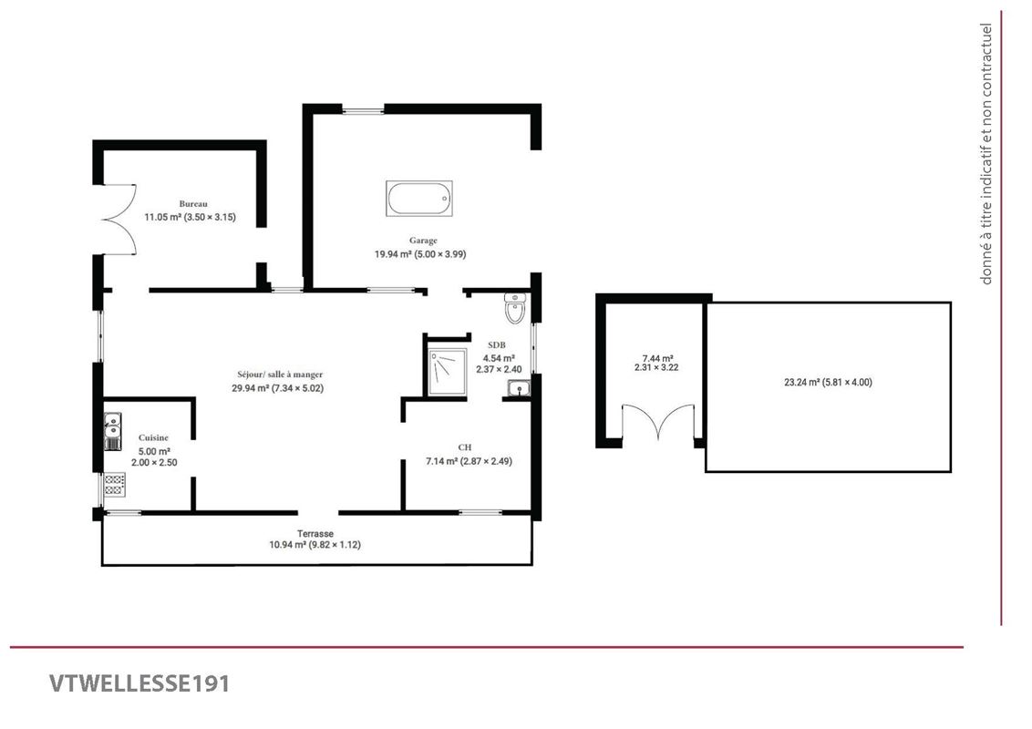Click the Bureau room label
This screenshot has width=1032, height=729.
[193, 204]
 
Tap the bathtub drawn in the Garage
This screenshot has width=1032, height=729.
[419, 199]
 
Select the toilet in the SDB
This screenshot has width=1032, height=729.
[516, 308]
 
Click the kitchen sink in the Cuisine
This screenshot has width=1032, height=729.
[112, 430]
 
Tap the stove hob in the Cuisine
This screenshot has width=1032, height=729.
[114, 485]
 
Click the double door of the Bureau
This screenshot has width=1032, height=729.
[118, 219]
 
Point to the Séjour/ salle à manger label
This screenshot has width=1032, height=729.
[278, 375]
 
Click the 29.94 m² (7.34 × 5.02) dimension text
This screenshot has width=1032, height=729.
[278, 388]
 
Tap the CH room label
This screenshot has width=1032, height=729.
[464, 447]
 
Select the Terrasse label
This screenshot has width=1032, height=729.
[315, 533]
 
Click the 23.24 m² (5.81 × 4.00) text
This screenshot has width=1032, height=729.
[828, 383]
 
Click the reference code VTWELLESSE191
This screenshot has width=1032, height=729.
[139, 683]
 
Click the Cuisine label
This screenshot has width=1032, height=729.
[153, 438]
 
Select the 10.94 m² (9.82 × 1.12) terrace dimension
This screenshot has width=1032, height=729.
[315, 545]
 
